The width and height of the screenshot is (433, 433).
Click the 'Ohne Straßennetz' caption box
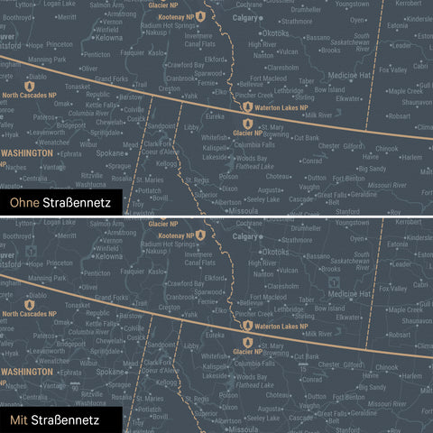60,204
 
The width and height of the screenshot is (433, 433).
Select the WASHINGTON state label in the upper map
26,153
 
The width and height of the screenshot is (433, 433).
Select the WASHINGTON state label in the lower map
26,370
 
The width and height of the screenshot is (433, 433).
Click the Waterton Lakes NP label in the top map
285,108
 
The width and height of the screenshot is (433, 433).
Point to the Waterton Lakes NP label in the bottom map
285,326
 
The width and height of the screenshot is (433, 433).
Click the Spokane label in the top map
113,154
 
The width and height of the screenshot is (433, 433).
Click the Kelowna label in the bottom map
109,256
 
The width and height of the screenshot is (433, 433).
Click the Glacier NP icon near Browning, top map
246,119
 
